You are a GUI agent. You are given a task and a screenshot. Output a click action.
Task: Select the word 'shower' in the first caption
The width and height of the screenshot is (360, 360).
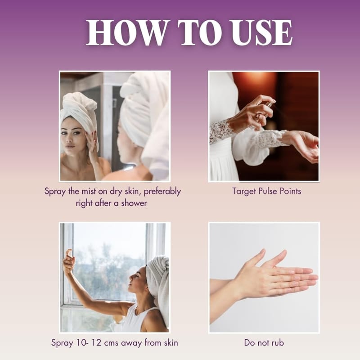click(134, 203)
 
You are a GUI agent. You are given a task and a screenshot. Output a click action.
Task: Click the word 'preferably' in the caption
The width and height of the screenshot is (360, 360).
click(162, 192)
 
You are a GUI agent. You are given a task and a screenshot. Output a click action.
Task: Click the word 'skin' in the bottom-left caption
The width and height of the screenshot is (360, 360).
click(171, 342)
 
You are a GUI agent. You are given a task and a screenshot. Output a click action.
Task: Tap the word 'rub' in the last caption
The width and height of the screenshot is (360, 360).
click(278, 342)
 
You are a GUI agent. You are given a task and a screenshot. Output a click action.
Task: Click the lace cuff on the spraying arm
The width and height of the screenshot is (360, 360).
click(221, 131)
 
